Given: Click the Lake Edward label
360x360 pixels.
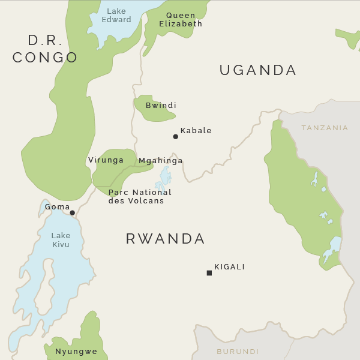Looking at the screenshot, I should [x=116, y=15].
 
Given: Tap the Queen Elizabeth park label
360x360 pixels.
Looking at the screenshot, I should [x=181, y=20].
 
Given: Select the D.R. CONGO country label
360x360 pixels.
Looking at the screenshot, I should [x=45, y=49].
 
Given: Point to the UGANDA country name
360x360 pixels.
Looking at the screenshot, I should [x=258, y=70].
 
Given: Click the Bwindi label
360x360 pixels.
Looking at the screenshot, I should [x=161, y=106].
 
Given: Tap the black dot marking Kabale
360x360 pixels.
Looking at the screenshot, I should [x=176, y=137].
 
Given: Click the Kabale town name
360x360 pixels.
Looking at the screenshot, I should [x=196, y=131].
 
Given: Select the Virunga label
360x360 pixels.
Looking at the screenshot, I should [x=106, y=160].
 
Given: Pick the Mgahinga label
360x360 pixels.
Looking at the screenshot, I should [x=160, y=161].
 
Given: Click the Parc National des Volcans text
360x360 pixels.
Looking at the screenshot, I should [x=140, y=197].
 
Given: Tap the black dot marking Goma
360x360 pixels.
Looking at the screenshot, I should [x=73, y=213].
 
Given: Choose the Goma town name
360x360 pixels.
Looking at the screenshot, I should [x=58, y=206].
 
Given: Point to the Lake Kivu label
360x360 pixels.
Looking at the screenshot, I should [x=61, y=240].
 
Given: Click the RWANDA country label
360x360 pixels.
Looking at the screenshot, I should [x=166, y=239].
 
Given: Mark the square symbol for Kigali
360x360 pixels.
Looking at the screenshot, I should [x=209, y=273].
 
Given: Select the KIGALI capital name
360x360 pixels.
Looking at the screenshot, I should [x=230, y=267].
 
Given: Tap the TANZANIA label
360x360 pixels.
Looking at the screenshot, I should [x=325, y=128].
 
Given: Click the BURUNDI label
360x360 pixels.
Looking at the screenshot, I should [x=238, y=352].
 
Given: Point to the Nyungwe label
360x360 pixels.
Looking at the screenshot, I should [x=76, y=352].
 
